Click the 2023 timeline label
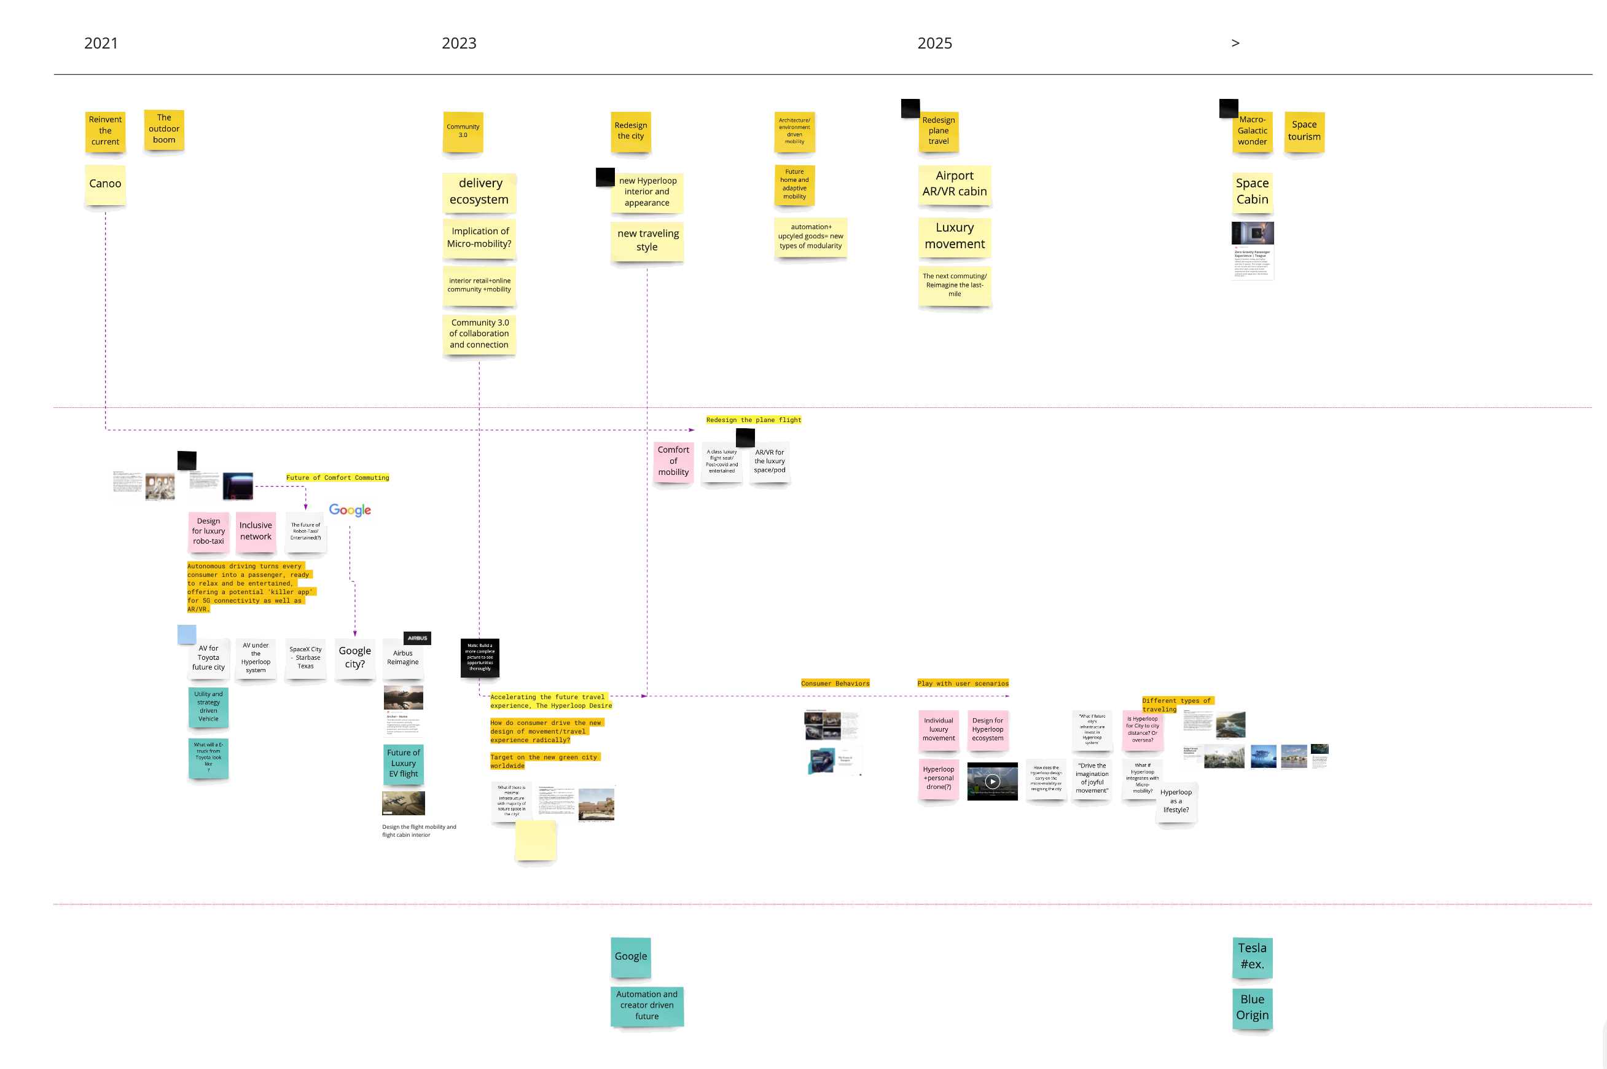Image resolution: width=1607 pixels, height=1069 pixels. [459, 44]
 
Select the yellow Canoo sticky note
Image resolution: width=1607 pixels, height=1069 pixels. [105, 184]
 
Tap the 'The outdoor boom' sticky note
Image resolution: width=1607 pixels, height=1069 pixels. [164, 129]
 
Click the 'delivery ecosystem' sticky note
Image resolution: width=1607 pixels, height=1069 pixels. [479, 192]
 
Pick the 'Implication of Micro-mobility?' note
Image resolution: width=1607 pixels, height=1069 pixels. [479, 237]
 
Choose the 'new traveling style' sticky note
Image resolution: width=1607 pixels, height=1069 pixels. [647, 240]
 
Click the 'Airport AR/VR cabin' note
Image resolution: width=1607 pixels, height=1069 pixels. [954, 184]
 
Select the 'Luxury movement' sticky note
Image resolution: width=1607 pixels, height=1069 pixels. [954, 236]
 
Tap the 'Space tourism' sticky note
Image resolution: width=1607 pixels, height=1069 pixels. [1304, 131]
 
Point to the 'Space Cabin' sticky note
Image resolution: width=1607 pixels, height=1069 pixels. [1252, 192]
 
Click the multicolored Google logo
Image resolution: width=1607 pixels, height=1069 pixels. [350, 510]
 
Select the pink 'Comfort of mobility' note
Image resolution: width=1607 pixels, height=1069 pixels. [673, 461]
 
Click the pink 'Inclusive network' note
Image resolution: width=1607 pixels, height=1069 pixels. [256, 531]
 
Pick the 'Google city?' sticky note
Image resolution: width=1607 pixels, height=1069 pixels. [355, 658]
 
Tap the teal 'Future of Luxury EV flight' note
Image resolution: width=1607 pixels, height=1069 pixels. [404, 764]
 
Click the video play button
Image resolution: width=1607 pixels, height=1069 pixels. [992, 781]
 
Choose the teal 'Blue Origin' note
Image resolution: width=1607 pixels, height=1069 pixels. [1252, 1008]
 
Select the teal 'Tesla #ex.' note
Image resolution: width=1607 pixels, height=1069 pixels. [1252, 956]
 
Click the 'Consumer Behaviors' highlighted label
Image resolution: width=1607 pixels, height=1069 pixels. [835, 683]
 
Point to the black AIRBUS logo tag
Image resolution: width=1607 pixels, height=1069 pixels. [417, 638]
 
